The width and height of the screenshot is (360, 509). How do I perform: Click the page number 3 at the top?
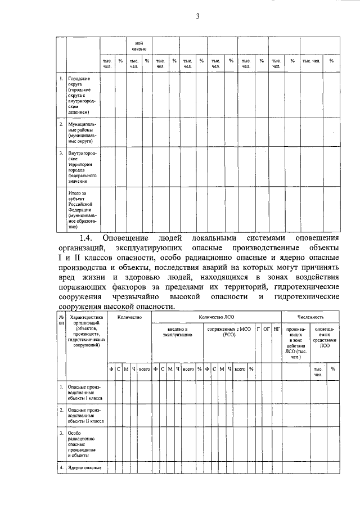(197, 16)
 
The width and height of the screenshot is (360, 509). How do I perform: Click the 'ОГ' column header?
(267, 328)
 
